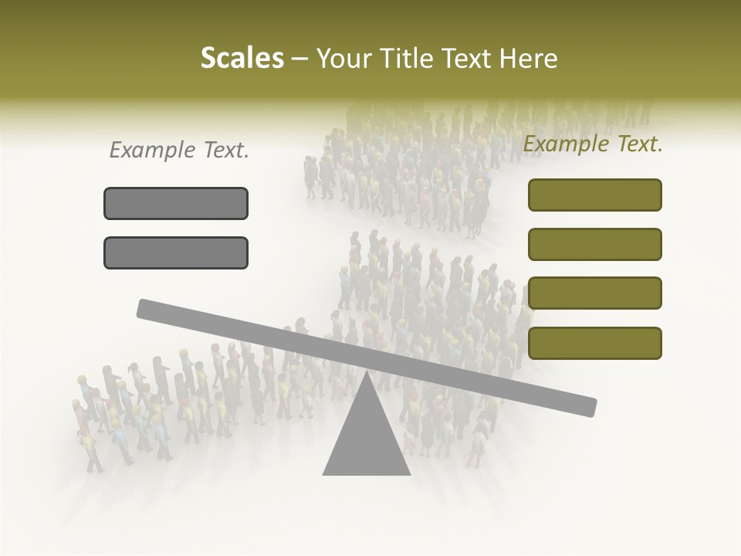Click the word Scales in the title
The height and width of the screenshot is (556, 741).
242,59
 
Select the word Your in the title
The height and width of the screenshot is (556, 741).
345,59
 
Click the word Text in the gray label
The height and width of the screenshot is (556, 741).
225,151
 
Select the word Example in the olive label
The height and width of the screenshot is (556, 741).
566,144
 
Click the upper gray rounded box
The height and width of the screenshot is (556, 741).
176,203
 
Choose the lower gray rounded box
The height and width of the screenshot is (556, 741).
176,253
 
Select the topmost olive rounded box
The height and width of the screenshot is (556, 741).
595,195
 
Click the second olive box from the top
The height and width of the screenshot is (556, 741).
595,244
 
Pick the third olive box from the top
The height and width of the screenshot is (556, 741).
595,293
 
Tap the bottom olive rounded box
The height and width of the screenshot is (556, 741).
595,343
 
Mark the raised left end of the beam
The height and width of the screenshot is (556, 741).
144,308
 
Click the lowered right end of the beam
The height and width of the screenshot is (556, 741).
590,407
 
